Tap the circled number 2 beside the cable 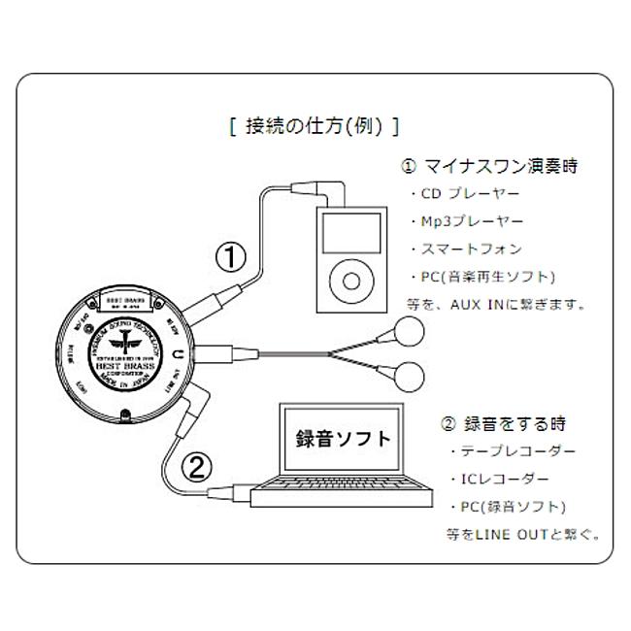(x=197, y=469)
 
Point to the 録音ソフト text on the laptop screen (x=345, y=438)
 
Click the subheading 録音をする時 (x=504, y=423)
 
